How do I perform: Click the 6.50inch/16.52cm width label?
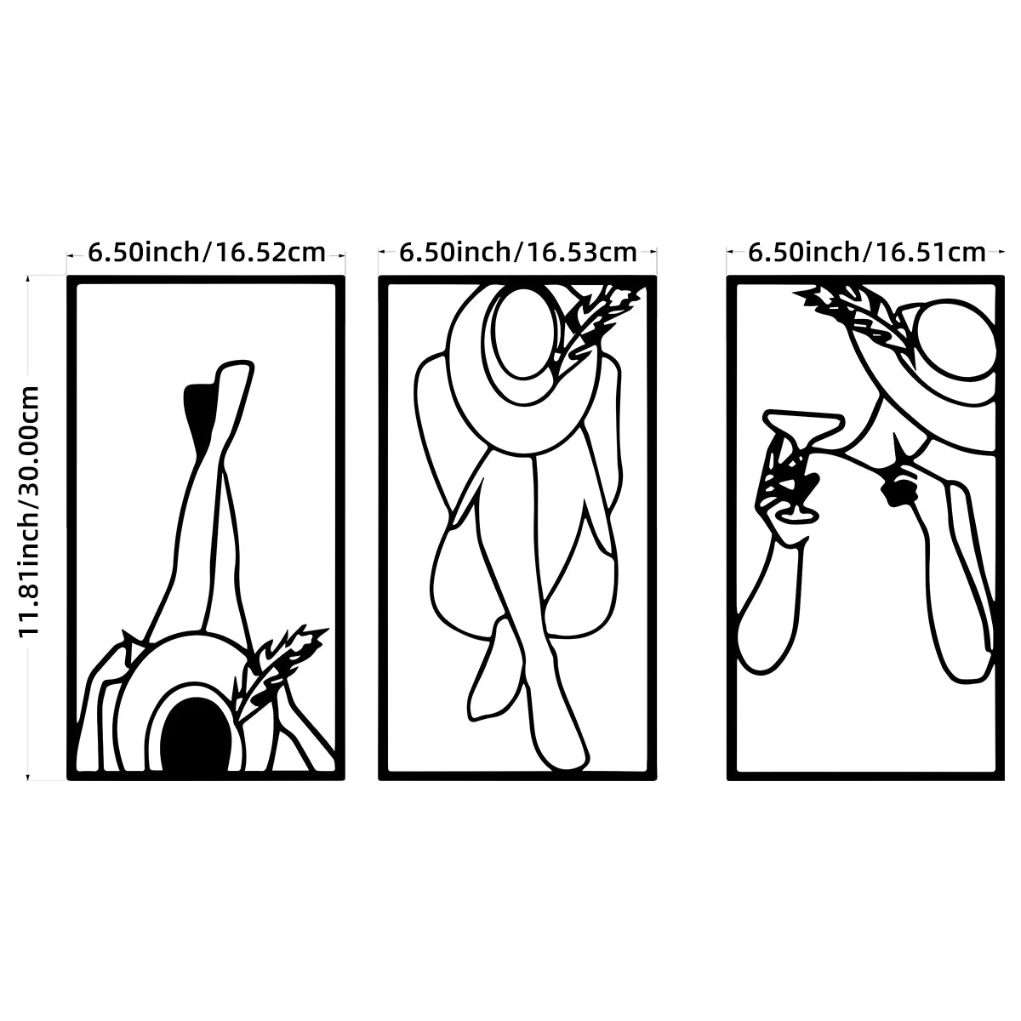206,252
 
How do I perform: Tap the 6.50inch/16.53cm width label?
517,252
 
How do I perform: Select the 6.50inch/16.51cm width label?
866,252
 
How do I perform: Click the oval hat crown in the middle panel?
522,334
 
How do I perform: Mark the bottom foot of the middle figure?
562,742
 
